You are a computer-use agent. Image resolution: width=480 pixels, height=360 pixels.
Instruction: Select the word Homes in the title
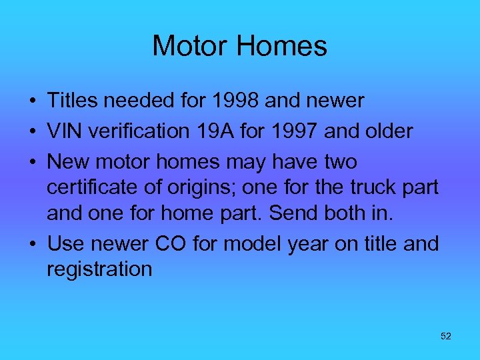(283, 46)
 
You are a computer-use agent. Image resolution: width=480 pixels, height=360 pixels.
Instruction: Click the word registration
(99, 269)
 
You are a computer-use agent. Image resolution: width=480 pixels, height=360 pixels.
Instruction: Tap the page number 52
(446, 337)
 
